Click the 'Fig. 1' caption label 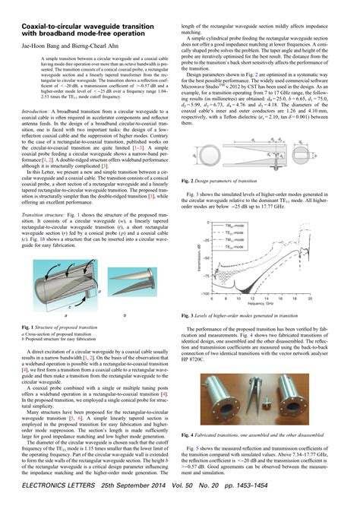(x=30, y=326)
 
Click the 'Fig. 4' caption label (x=194, y=435)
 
